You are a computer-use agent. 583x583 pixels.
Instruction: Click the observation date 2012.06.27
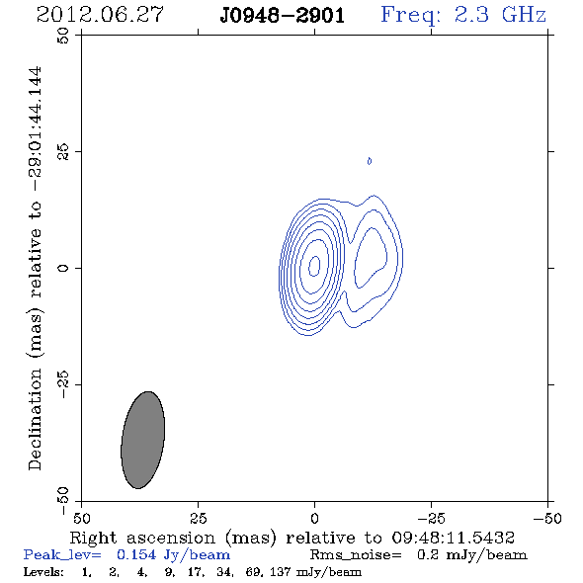click(100, 15)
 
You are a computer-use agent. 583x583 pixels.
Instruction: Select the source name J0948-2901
click(283, 16)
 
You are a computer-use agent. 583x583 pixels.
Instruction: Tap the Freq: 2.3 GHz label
click(463, 16)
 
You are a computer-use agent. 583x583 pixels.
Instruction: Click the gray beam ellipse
click(142, 440)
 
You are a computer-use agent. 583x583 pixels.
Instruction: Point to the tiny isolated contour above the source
click(370, 161)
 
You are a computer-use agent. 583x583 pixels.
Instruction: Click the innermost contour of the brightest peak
click(314, 266)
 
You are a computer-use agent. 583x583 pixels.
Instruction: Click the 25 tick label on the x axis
click(198, 518)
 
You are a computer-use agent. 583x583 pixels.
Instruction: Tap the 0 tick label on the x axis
click(314, 518)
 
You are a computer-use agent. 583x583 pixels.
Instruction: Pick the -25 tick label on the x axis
click(431, 518)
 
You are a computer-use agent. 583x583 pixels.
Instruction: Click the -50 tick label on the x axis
click(547, 518)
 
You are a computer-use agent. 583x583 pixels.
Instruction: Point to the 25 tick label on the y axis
click(63, 151)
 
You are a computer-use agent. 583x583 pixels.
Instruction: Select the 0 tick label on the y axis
click(63, 268)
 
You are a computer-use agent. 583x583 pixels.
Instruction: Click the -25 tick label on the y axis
click(63, 384)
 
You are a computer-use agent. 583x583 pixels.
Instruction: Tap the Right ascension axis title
click(292, 538)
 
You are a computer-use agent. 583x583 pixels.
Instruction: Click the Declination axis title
click(36, 269)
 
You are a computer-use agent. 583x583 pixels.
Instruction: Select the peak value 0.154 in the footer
click(136, 554)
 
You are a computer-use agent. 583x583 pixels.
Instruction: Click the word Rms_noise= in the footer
click(356, 555)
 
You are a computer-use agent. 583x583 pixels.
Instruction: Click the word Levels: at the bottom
click(43, 571)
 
